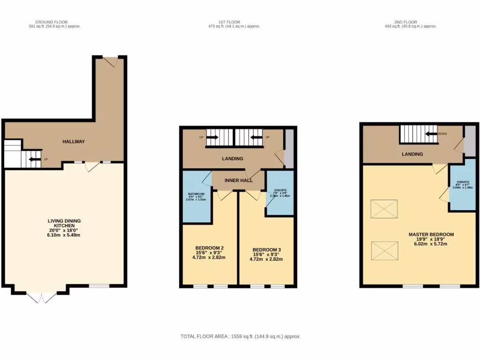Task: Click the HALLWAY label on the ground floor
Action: click(x=74, y=142)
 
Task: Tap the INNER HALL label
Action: click(x=239, y=180)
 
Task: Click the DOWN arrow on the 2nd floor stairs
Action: click(x=432, y=134)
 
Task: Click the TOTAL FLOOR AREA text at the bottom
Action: click(x=240, y=337)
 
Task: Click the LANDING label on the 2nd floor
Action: click(x=412, y=154)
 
